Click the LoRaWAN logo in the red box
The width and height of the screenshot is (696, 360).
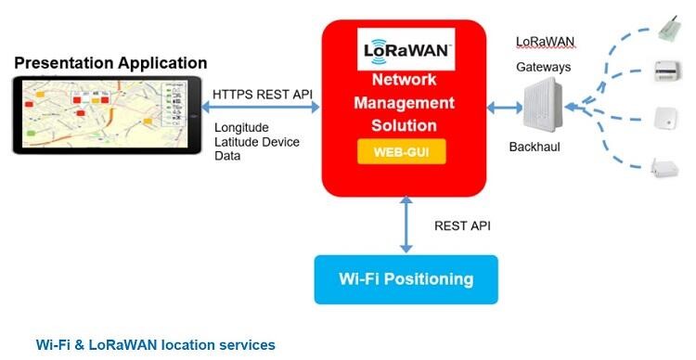[406, 49]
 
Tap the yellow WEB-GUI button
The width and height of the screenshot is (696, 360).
[402, 152]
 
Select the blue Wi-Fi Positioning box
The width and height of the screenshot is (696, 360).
[406, 279]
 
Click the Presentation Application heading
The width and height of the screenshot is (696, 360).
[110, 63]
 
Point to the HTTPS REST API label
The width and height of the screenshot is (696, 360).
[263, 94]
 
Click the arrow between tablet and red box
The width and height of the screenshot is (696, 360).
[261, 107]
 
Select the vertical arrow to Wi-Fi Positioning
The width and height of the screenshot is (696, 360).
[406, 225]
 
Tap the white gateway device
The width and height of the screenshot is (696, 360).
[543, 105]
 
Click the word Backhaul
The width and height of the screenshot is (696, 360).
[535, 147]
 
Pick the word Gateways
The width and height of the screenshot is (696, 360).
[543, 68]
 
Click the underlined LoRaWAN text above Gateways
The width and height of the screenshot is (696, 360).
[545, 42]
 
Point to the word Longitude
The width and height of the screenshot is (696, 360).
[241, 128]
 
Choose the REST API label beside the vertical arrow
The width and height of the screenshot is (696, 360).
[462, 226]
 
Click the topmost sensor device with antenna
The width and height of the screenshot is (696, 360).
[669, 29]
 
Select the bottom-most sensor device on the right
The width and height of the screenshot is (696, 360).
[664, 168]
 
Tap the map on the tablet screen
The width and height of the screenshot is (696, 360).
[105, 114]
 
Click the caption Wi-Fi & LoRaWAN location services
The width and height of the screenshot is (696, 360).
[155, 345]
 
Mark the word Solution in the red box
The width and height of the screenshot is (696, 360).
[404, 125]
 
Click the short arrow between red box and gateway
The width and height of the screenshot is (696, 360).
[505, 108]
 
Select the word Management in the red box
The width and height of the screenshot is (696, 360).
[404, 103]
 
